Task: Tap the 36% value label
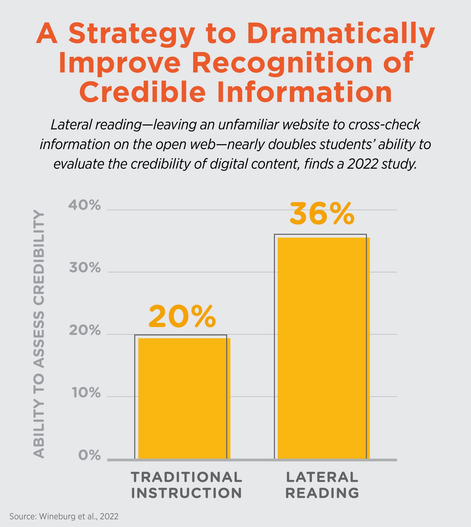click(x=322, y=214)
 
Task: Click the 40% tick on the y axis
click(x=85, y=206)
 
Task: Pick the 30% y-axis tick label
click(x=85, y=268)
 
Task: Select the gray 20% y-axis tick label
click(x=85, y=331)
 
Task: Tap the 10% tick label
click(x=86, y=393)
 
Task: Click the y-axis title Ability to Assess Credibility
click(x=39, y=334)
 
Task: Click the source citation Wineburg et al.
click(x=64, y=516)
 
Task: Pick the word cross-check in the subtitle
click(x=384, y=125)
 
